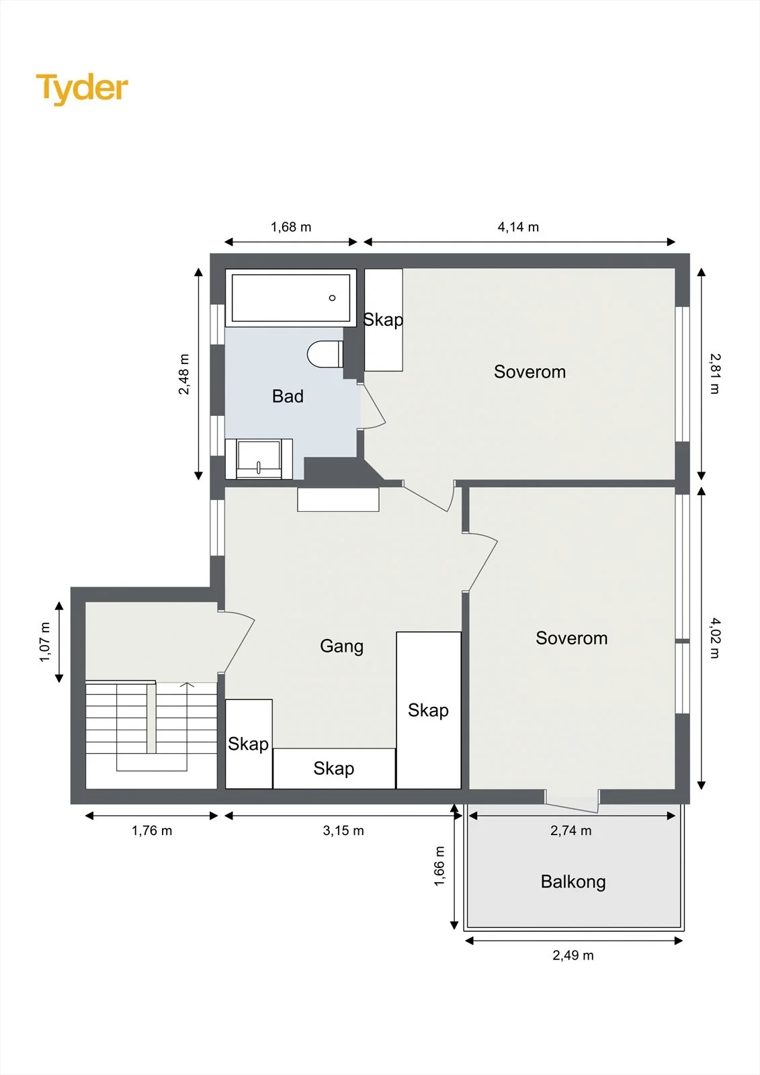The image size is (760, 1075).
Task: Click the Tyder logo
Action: (x=82, y=89)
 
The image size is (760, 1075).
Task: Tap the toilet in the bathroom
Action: (x=325, y=353)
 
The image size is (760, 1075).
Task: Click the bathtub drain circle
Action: (x=332, y=298)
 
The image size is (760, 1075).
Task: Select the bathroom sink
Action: (x=259, y=459)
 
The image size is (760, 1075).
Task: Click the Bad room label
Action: (x=288, y=396)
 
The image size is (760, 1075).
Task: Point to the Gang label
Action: (x=341, y=646)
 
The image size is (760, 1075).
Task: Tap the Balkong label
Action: (x=573, y=881)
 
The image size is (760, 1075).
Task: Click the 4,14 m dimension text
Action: (x=518, y=227)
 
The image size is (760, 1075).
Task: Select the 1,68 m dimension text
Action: (x=291, y=227)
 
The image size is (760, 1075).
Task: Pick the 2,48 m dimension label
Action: (x=184, y=374)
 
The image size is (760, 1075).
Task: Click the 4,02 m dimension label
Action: (x=715, y=638)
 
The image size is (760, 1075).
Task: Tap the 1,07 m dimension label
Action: (x=44, y=642)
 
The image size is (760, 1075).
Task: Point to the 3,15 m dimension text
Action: (x=343, y=830)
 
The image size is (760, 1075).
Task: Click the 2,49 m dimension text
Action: (x=573, y=955)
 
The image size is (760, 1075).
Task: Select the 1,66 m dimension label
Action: (x=439, y=866)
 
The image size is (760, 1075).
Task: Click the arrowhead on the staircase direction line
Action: (x=186, y=684)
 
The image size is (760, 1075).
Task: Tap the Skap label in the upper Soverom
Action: (x=383, y=320)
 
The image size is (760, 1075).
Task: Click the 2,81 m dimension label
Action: (x=715, y=374)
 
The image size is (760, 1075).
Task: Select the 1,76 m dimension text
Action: (x=152, y=830)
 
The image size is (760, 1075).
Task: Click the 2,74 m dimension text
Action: (x=571, y=830)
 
